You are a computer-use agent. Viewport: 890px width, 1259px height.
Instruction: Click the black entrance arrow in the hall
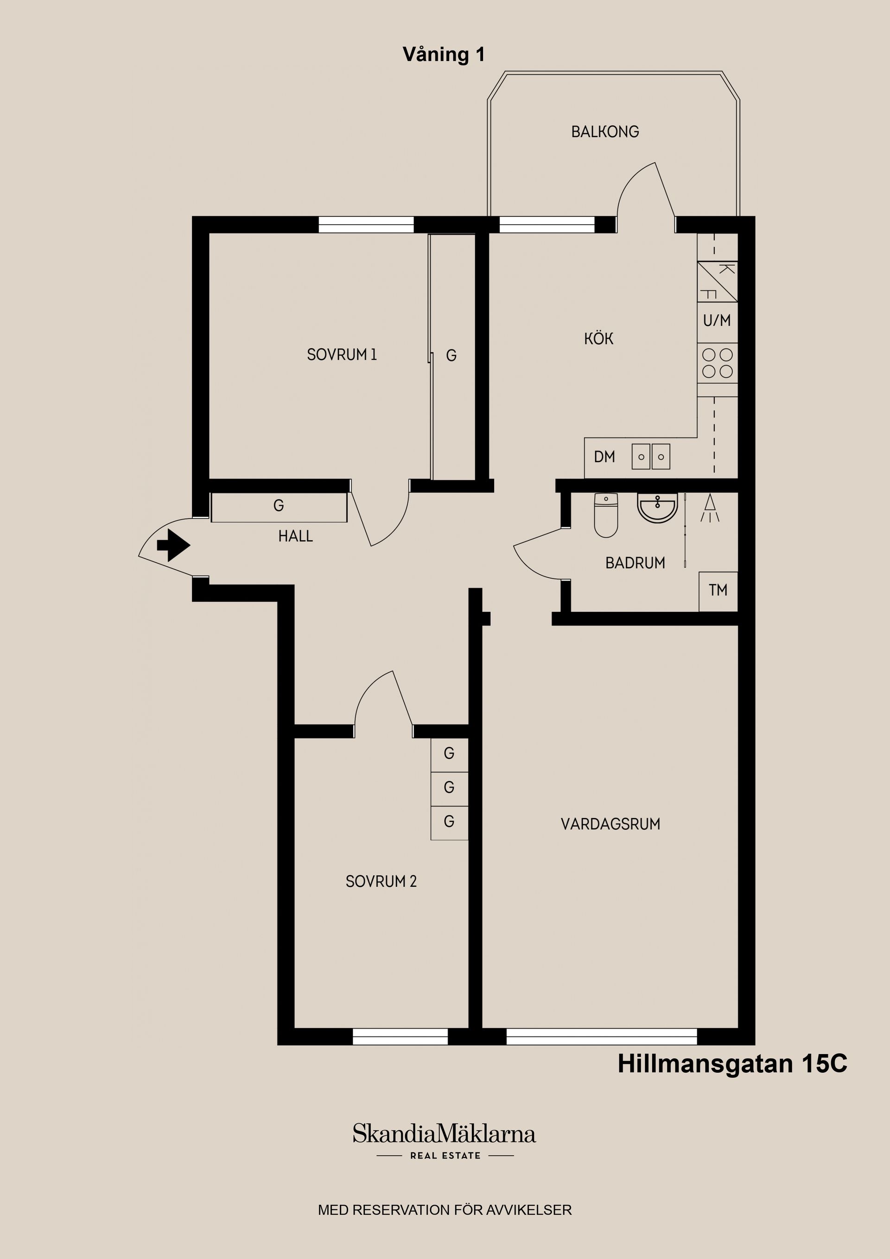174,545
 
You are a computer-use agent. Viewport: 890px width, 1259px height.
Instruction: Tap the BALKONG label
605,132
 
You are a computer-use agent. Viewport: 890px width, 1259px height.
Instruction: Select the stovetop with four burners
717,363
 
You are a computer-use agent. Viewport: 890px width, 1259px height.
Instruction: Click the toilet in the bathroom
606,515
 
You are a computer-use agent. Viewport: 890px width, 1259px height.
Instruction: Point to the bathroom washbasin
657,508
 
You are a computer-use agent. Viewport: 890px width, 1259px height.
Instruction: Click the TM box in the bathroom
718,591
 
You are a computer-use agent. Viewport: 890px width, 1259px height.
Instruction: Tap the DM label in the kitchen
604,457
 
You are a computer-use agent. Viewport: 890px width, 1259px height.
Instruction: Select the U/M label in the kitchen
717,320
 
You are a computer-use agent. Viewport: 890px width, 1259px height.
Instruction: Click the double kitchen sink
651,457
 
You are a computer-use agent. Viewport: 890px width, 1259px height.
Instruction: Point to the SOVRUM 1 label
342,355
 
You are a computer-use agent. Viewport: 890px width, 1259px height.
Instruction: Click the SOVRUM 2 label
381,881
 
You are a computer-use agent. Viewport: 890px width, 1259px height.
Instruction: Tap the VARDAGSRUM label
610,824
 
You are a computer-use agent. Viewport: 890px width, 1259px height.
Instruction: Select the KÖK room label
599,338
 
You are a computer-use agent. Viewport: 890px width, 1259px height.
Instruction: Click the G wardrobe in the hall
279,507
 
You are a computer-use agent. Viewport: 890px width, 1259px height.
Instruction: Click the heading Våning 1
444,54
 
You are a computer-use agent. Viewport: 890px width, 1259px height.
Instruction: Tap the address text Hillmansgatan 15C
732,1063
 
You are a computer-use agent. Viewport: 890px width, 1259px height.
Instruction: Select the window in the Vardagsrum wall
602,1036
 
